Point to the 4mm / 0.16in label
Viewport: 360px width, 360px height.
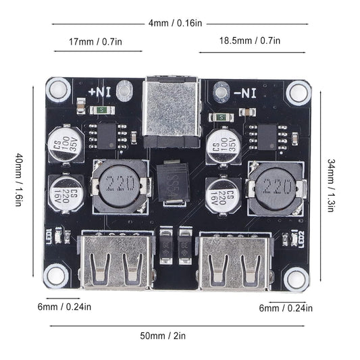[174, 22]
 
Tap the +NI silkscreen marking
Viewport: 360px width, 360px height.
[102, 89]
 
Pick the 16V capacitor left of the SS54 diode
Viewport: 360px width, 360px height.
[66, 193]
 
